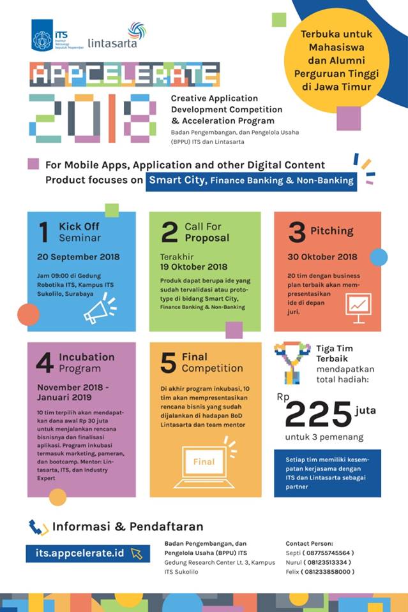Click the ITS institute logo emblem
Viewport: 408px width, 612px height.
tap(43, 36)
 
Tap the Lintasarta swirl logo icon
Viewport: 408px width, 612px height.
tap(137, 31)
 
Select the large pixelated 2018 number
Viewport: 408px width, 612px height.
tap(93, 118)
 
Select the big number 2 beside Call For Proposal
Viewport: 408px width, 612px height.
tap(169, 233)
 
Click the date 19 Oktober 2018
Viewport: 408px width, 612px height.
tap(193, 266)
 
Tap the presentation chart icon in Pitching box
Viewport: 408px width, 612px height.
tap(358, 304)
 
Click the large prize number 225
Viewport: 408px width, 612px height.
tap(317, 415)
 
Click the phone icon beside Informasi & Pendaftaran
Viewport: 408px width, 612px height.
tap(38, 527)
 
